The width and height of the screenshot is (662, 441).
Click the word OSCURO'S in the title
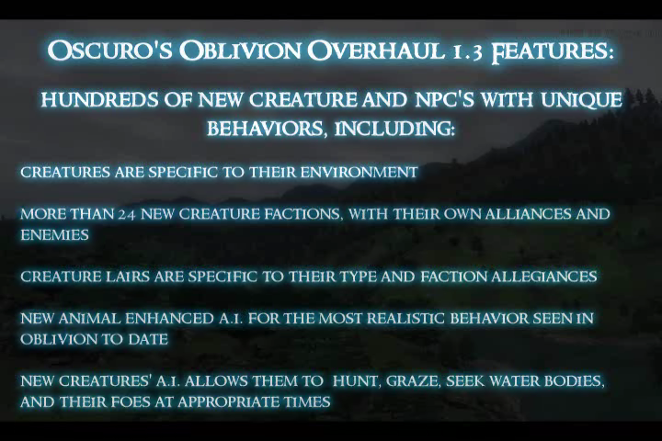[109, 51]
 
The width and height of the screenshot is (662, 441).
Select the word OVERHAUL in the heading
[376, 51]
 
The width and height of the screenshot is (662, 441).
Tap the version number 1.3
[466, 51]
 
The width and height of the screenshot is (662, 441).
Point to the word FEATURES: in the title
[553, 51]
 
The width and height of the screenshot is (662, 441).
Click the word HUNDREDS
[100, 100]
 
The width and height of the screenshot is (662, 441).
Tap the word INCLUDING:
[394, 129]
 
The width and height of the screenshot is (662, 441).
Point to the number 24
[126, 215]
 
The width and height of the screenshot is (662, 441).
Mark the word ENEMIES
[54, 235]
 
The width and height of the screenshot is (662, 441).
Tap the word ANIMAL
[89, 318]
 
